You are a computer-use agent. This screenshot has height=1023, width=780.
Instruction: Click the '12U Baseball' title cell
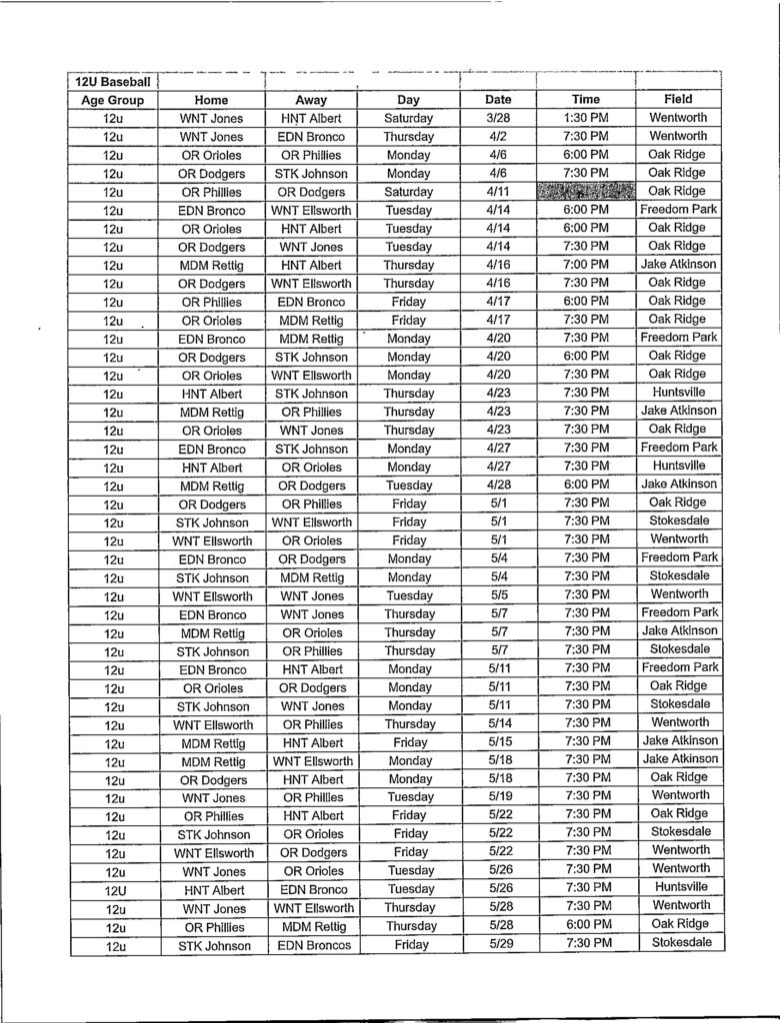[x=113, y=82]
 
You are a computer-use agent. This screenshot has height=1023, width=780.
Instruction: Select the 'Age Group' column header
[x=113, y=100]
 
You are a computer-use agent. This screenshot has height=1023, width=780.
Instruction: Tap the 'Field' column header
[x=678, y=100]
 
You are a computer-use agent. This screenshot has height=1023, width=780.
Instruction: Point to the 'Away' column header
[x=311, y=100]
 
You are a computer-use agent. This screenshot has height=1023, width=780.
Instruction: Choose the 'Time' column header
[x=586, y=100]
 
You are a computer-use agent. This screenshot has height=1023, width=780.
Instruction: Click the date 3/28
[x=498, y=118]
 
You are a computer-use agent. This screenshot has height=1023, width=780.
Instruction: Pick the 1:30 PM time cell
[x=586, y=118]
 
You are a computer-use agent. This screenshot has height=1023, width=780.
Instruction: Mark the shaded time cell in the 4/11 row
[x=586, y=191]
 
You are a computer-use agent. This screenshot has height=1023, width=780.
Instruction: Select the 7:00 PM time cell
[x=586, y=265]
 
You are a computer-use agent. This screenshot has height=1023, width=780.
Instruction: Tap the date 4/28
[x=498, y=485]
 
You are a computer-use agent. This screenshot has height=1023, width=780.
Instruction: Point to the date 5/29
[x=498, y=944]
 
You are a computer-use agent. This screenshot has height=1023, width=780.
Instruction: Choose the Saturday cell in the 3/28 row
[x=408, y=118]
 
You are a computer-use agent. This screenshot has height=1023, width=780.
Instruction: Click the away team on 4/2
[x=311, y=136]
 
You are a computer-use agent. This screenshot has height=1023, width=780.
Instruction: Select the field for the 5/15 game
[x=678, y=741]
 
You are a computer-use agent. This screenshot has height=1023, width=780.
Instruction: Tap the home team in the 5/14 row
[x=213, y=724]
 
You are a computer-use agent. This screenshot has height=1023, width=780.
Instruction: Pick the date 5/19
[x=498, y=797]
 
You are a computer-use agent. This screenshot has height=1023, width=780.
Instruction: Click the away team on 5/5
[x=311, y=596]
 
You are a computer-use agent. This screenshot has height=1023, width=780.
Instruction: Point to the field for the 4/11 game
[x=678, y=191]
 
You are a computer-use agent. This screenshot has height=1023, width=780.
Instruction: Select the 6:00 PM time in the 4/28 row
[x=586, y=485]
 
